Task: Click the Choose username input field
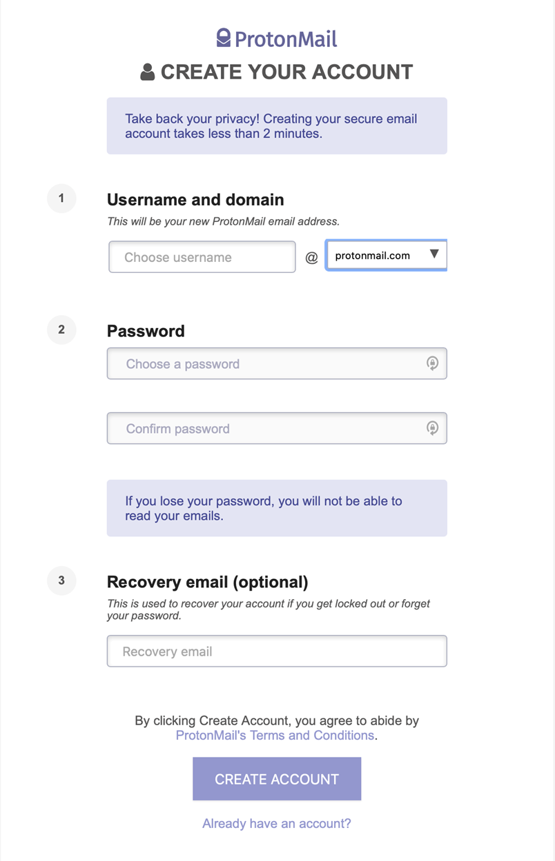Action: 202,257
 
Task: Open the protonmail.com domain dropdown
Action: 385,255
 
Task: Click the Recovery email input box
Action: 276,651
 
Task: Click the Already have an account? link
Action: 277,823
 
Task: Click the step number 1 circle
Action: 61,199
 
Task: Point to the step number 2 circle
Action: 61,330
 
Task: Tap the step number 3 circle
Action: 61,580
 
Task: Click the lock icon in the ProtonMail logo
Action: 223,38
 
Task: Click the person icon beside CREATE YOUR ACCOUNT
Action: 147,72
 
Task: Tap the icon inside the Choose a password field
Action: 432,363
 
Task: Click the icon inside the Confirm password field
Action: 432,428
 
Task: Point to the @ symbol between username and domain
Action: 311,258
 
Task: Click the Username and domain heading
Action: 195,200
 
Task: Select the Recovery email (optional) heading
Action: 207,582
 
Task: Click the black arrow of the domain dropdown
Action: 434,254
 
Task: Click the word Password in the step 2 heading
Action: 146,331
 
